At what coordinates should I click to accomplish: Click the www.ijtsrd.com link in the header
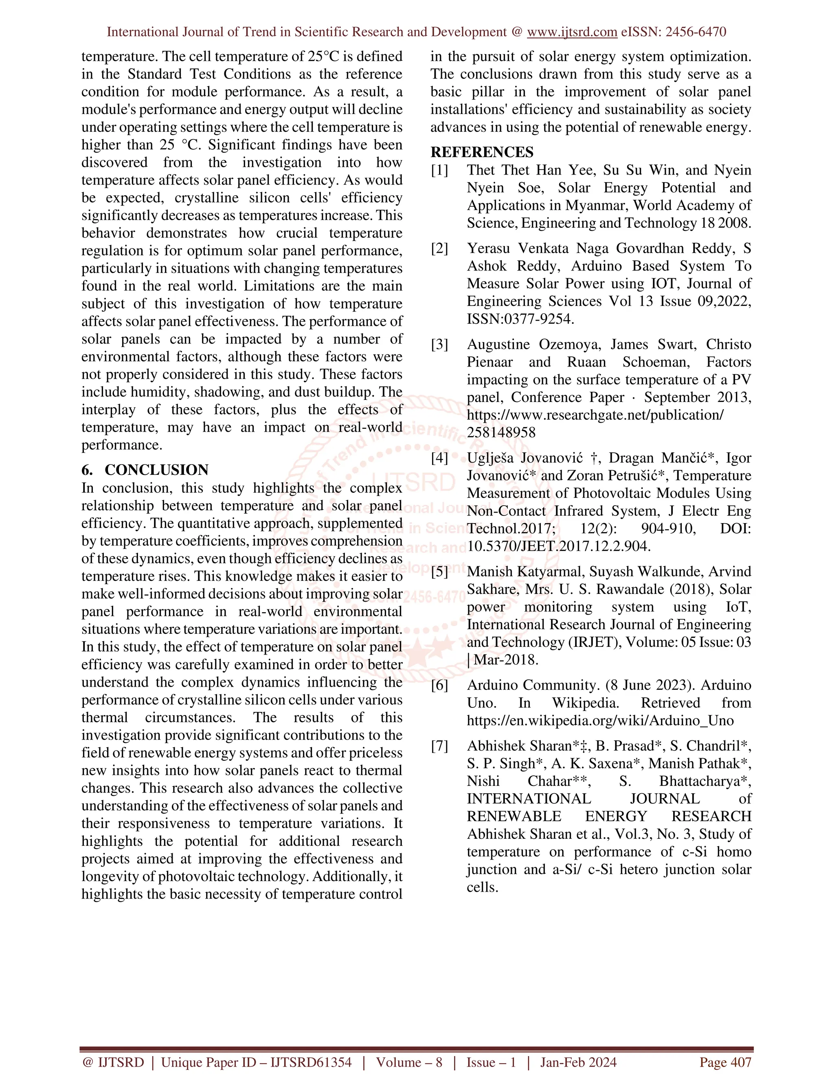tap(572, 32)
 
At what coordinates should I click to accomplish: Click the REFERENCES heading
tap(482, 152)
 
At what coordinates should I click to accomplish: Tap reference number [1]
tap(439, 170)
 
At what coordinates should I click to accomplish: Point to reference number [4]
tap(439, 458)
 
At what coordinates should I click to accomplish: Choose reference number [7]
tap(439, 746)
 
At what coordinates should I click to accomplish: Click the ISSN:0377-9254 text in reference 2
tap(520, 319)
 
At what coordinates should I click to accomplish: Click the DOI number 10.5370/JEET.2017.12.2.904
tap(558, 546)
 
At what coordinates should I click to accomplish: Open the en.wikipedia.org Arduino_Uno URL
tap(600, 721)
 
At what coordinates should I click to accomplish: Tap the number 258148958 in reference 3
tap(501, 432)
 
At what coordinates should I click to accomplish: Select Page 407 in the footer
tap(725, 1062)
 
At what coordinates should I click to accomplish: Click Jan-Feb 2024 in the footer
tap(578, 1062)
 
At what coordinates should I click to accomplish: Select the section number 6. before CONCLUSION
tap(88, 469)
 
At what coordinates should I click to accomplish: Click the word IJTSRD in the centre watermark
tap(413, 482)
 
